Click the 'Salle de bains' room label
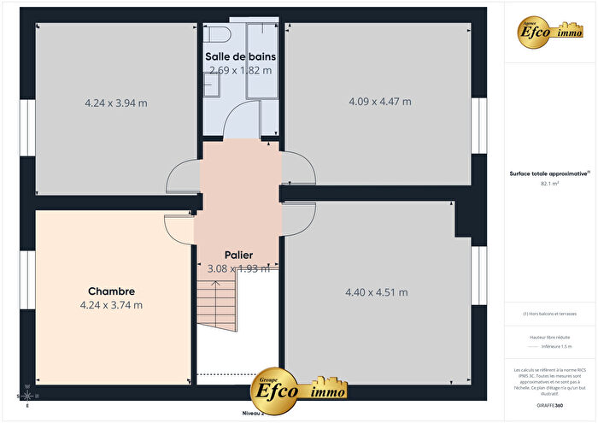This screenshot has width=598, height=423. pyautogui.click(x=243, y=56)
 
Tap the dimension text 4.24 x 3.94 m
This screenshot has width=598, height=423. pyautogui.click(x=116, y=103)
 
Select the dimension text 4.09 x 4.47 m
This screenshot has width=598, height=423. pyautogui.click(x=380, y=102)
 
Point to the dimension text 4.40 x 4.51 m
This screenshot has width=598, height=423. pyautogui.click(x=376, y=292)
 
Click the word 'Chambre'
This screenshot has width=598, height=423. pyautogui.click(x=111, y=291)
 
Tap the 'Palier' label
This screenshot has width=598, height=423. pyautogui.click(x=238, y=255)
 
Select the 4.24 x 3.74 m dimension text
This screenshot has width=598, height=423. pyautogui.click(x=111, y=304)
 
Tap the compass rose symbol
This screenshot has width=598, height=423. pyautogui.click(x=28, y=395)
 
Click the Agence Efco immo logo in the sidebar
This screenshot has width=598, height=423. pyautogui.click(x=550, y=31)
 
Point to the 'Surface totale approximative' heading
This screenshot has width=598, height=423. pyautogui.click(x=550, y=173)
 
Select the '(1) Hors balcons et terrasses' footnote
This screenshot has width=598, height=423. pyautogui.click(x=550, y=314)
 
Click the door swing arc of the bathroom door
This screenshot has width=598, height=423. pyautogui.click(x=241, y=120)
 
